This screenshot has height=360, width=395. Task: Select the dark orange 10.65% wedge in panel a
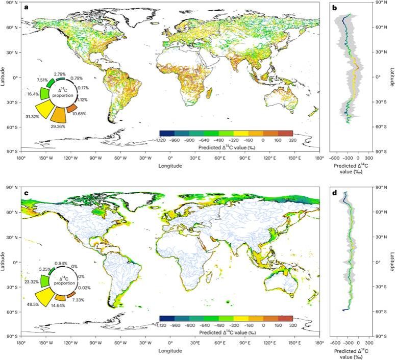71,109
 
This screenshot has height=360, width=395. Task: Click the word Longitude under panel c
171,351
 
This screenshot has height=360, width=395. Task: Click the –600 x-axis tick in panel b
336,158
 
